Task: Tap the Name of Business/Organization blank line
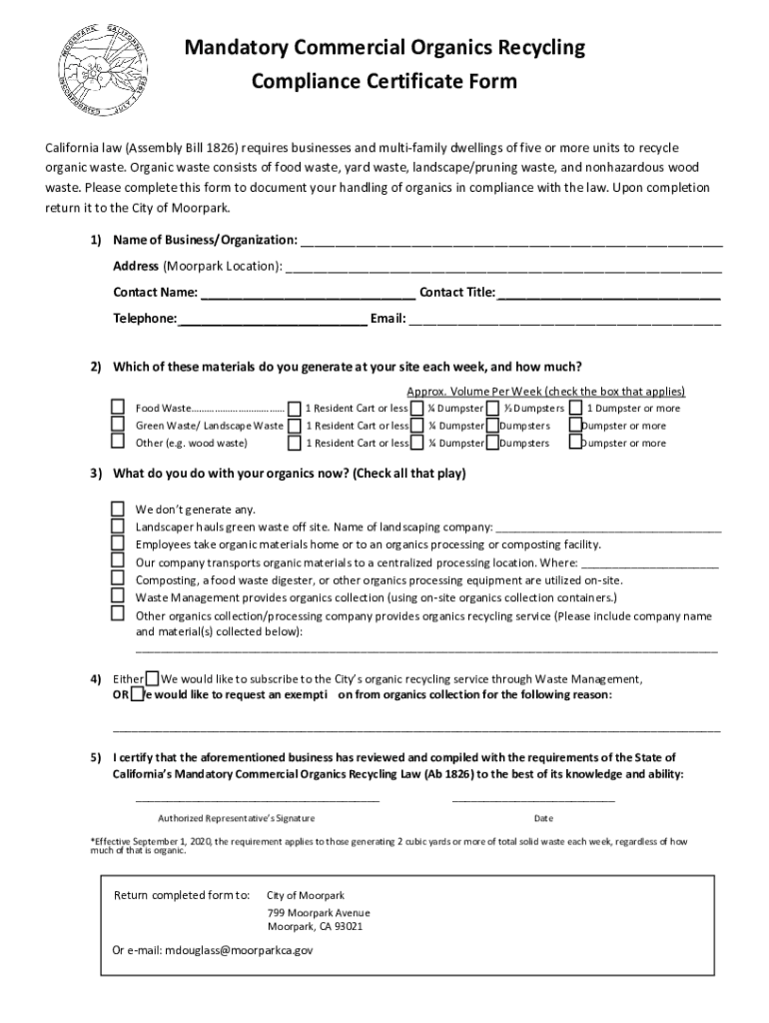[510, 245]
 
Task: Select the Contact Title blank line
[608, 297]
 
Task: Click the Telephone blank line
[272, 323]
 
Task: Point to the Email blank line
[564, 323]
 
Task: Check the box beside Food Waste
[118, 408]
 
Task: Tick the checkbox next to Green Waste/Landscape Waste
[118, 426]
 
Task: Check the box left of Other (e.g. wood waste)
[118, 443]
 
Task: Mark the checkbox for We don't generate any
[118, 509]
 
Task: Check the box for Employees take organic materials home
[118, 543]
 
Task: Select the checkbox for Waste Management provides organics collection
[118, 597]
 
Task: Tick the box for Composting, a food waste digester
[118, 579]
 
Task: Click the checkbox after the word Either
[152, 678]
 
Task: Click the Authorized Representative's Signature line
[257, 799]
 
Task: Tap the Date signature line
[533, 799]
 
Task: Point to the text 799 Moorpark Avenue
[319, 913]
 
